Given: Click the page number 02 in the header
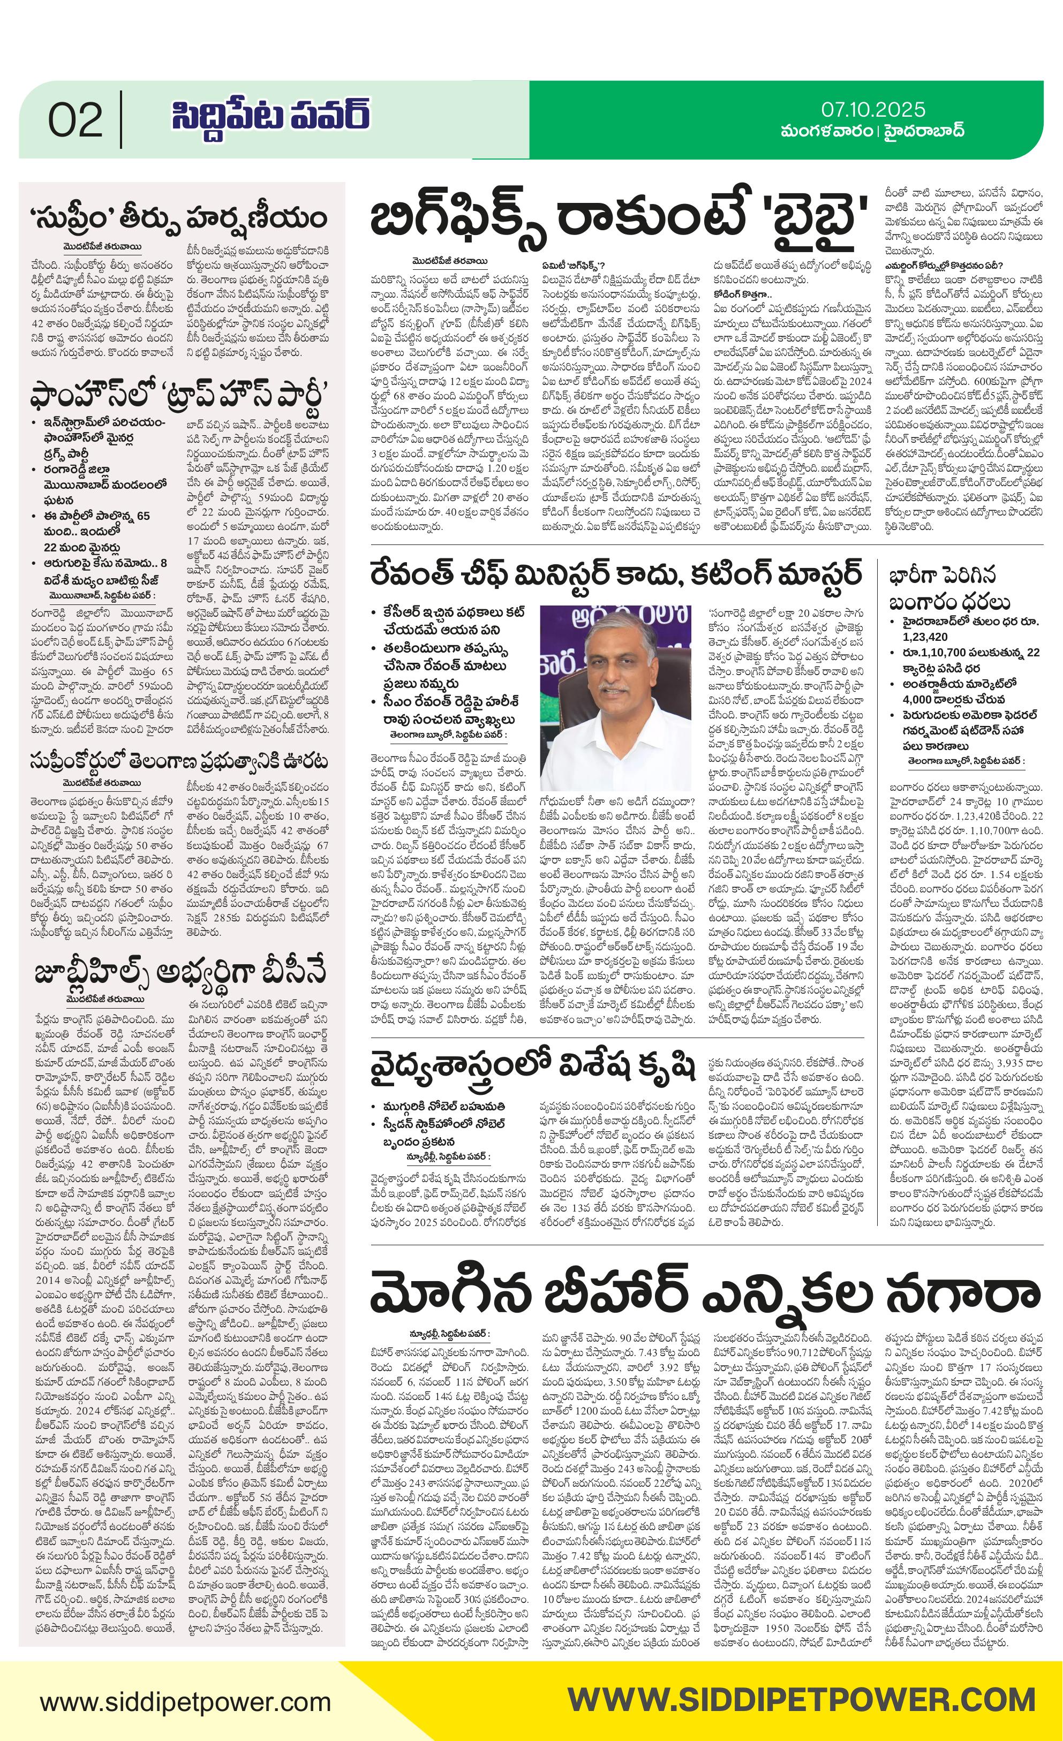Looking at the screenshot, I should (x=75, y=120).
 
